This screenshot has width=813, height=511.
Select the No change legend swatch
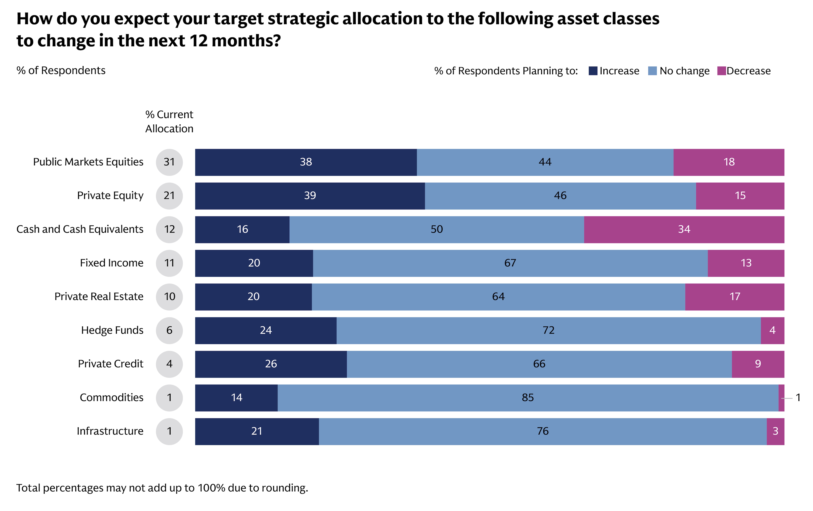pos(652,71)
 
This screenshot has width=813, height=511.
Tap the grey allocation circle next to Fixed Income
pos(169,263)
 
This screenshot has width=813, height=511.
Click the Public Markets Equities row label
pos(88,162)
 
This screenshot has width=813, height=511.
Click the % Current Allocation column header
pos(169,122)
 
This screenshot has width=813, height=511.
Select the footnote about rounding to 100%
pos(162,488)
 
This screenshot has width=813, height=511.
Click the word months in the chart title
pos(246,41)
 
